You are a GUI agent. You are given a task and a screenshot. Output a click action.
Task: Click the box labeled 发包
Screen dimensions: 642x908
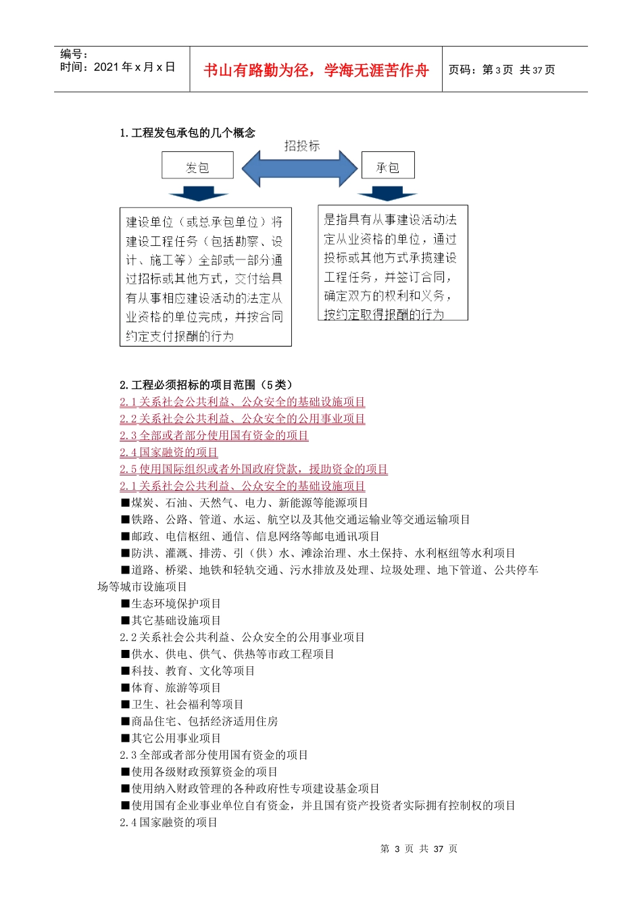click(x=197, y=166)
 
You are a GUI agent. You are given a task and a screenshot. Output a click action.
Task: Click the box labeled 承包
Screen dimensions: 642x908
click(x=387, y=166)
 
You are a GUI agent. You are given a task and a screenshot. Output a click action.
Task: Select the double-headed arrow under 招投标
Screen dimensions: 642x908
click(x=299, y=168)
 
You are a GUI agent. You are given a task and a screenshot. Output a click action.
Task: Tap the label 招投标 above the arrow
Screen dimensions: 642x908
click(x=301, y=145)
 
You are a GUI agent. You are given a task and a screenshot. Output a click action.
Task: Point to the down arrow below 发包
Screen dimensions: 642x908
click(x=198, y=193)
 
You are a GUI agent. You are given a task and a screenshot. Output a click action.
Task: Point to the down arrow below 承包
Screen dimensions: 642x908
click(x=387, y=193)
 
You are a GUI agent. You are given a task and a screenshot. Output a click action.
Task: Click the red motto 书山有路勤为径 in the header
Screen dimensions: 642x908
click(x=316, y=70)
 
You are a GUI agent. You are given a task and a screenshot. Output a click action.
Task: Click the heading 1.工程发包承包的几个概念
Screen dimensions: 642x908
click(x=187, y=132)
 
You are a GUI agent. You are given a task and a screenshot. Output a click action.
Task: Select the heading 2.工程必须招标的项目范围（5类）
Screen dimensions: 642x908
click(x=206, y=385)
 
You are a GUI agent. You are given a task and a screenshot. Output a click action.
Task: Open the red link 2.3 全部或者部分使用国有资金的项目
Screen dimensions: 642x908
click(x=214, y=436)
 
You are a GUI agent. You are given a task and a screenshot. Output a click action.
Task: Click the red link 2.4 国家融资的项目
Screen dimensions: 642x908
click(x=169, y=453)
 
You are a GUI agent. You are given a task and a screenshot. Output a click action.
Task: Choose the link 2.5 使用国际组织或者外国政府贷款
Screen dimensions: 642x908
click(x=253, y=469)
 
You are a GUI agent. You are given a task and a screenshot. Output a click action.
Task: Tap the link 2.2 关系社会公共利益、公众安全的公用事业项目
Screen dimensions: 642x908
click(x=242, y=419)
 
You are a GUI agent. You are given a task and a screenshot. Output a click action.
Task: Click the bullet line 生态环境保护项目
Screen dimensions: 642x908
click(x=171, y=603)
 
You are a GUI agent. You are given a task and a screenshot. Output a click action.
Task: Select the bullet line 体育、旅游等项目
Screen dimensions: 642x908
click(x=171, y=688)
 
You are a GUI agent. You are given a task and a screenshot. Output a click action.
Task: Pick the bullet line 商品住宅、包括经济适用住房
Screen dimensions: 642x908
click(x=199, y=722)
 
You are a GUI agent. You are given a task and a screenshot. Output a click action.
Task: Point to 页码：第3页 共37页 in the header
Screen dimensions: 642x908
click(x=501, y=70)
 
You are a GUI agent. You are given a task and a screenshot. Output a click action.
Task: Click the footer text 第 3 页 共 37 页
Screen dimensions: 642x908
click(x=419, y=849)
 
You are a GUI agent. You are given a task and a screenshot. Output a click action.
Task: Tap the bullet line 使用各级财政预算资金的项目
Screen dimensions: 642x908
click(x=199, y=772)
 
